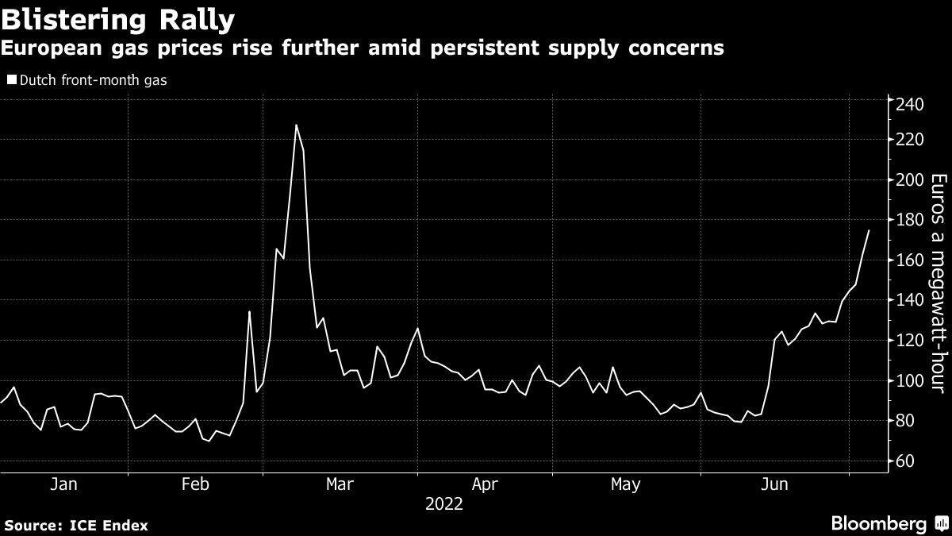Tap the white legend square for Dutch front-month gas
(11, 79)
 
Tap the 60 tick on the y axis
(907, 461)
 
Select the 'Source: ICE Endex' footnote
(75, 525)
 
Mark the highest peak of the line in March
(296, 125)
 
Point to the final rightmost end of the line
(869, 230)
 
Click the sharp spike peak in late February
(249, 311)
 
